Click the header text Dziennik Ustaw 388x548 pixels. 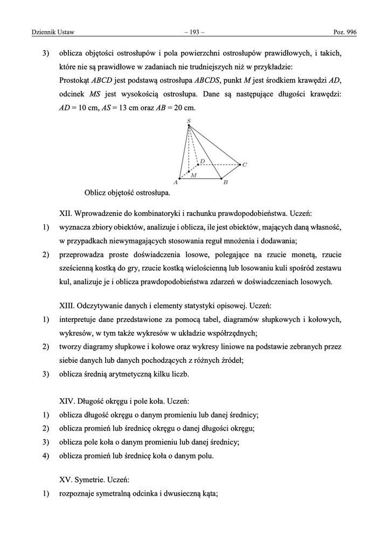point(47,33)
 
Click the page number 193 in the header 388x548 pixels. point(194,33)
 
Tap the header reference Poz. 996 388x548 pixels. point(345,33)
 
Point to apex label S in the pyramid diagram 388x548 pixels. point(188,121)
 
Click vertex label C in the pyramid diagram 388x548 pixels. point(245,165)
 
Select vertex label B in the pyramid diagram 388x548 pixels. point(225,183)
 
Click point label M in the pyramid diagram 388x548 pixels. point(193,176)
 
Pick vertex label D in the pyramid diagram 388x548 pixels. point(202,160)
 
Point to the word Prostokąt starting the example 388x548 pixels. point(74,80)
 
